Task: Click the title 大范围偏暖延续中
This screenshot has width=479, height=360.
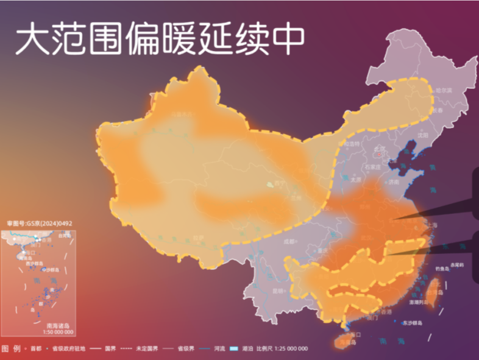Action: coord(160,41)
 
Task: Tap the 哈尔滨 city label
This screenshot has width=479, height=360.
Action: coord(443,90)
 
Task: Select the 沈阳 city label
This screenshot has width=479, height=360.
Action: coord(423,136)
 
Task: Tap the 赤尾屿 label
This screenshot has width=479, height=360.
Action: coord(457,264)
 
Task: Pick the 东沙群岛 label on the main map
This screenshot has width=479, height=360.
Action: coord(412,323)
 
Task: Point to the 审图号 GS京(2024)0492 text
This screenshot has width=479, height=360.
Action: coord(39,224)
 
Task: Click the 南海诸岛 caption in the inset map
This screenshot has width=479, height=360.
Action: coord(59,326)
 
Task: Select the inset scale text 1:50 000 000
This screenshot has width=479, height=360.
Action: coord(59,333)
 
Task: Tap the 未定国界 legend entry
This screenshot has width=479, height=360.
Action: coord(146,349)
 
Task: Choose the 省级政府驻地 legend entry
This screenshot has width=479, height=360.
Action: coord(68,349)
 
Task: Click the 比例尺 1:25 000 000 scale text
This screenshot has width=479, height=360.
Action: coord(282,349)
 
